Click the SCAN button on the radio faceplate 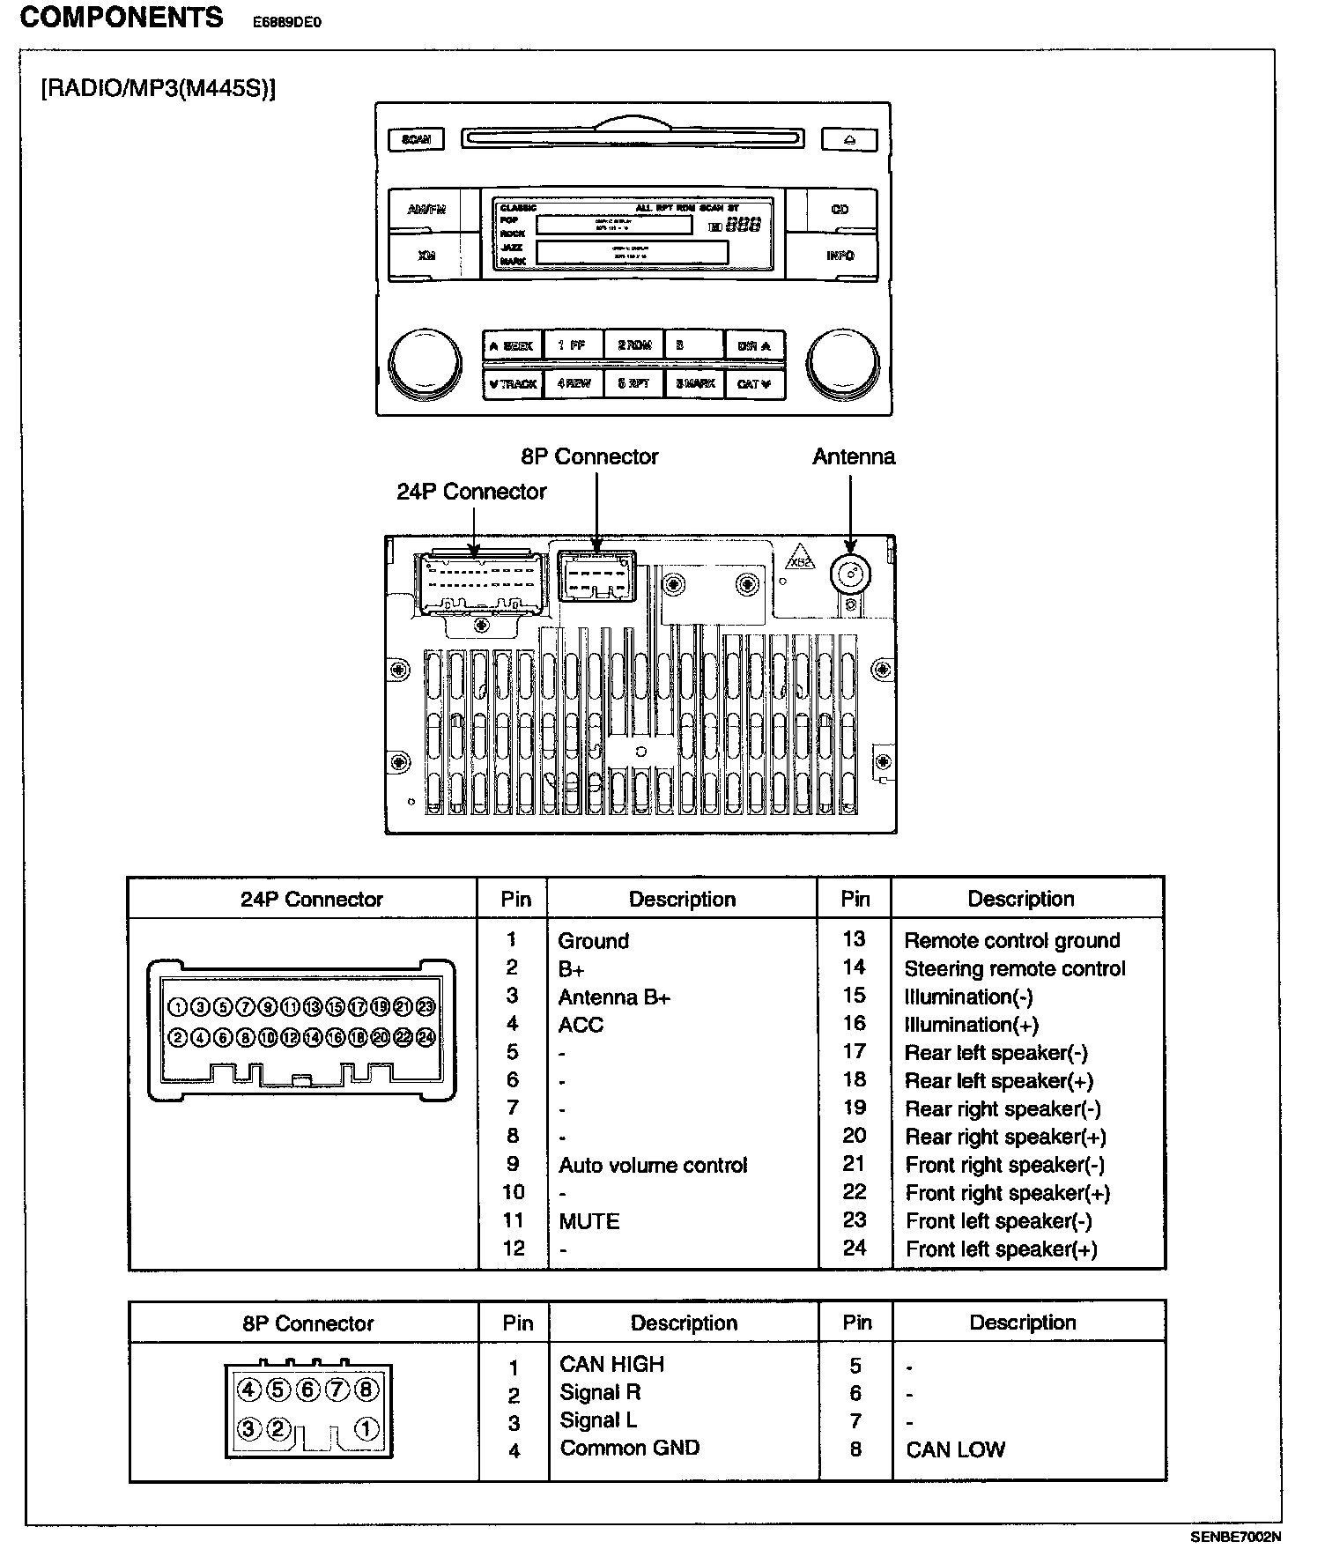(416, 139)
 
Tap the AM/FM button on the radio (426, 210)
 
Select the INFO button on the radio (840, 256)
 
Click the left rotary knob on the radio (426, 362)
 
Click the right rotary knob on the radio (842, 362)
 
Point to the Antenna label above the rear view (853, 456)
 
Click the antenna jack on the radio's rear (850, 575)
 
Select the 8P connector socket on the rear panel (596, 576)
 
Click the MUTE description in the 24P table (589, 1221)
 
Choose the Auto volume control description (652, 1165)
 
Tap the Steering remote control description (1014, 968)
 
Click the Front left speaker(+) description (1001, 1249)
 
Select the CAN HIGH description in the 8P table (611, 1364)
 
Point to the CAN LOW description (955, 1449)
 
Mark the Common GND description (629, 1449)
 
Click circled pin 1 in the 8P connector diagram (366, 1429)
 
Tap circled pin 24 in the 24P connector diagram (426, 1038)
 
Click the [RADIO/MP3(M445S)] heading (159, 89)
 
